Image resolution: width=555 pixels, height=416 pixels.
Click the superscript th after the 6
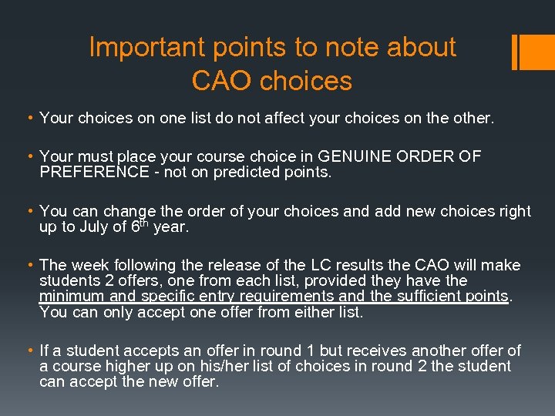tap(145, 222)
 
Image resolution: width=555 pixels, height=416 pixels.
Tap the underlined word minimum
tap(72, 297)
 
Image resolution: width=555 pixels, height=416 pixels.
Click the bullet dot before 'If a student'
tap(29, 351)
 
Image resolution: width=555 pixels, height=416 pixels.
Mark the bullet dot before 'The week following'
tap(29, 266)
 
